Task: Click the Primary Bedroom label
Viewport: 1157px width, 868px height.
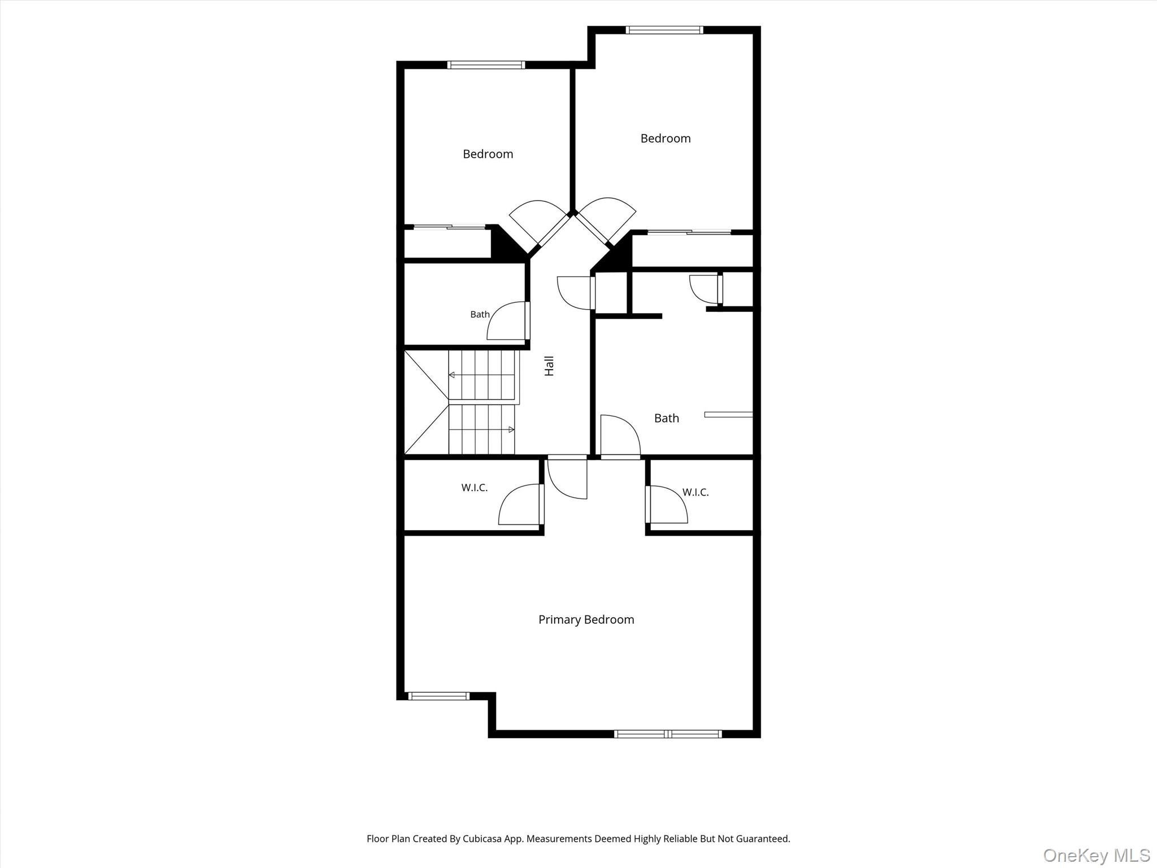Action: pos(586,619)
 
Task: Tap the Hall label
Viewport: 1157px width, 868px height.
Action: pos(549,366)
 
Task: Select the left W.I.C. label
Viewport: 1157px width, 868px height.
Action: pos(474,488)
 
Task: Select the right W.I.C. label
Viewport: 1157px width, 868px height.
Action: pos(695,492)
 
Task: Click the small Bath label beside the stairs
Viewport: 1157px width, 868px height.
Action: pos(480,314)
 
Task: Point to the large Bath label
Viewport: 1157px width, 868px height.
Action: pos(666,418)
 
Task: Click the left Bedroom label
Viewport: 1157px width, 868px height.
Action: pos(488,154)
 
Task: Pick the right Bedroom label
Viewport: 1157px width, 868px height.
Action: pos(665,138)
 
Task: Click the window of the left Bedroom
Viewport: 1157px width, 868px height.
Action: pos(486,64)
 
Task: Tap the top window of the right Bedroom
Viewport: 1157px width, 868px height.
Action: pos(664,30)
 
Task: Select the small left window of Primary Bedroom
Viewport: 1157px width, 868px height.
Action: pos(439,696)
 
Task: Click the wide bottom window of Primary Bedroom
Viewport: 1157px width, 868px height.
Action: pos(668,734)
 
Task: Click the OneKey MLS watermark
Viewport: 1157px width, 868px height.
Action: pos(1097,855)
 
